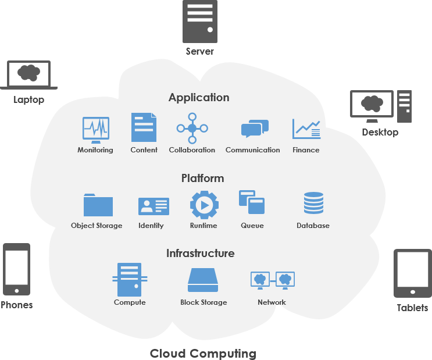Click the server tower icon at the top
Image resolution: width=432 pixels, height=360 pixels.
[199, 22]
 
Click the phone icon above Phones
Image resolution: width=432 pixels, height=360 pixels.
[16, 269]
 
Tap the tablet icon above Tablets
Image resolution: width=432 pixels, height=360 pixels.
[412, 273]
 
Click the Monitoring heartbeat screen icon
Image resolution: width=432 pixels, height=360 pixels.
[95, 129]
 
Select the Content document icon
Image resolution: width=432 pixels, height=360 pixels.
[144, 127]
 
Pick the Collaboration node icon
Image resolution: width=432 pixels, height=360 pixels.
[192, 127]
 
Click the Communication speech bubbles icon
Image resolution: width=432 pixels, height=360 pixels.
[255, 129]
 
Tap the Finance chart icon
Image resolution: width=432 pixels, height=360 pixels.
[306, 129]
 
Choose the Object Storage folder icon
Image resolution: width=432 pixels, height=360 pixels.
[98, 205]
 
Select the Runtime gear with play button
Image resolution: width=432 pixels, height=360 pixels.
[203, 205]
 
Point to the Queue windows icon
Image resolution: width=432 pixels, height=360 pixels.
[252, 204]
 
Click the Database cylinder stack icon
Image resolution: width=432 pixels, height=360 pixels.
[313, 204]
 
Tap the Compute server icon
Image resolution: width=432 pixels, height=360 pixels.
[129, 279]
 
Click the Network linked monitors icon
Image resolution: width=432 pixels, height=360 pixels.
[272, 280]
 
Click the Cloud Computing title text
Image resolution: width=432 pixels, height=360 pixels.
[203, 353]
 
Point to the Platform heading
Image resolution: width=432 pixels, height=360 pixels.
[202, 178]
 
